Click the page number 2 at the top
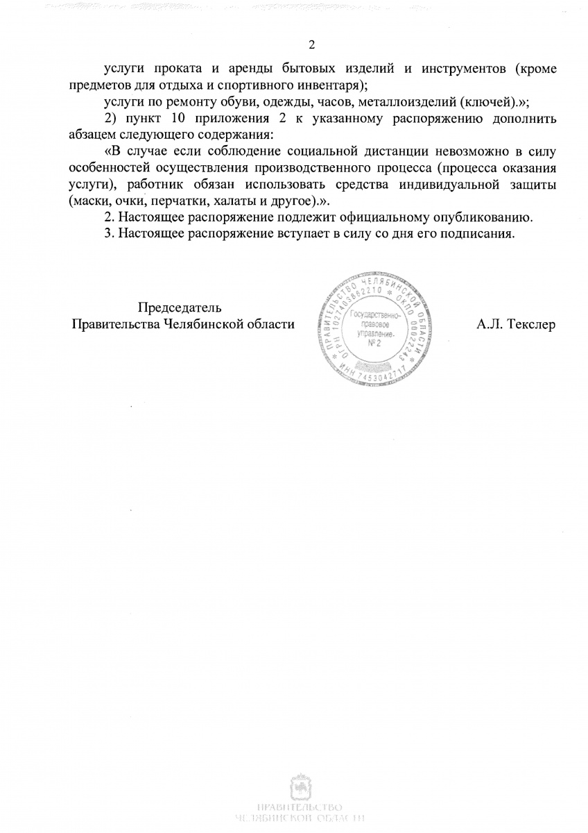point(311,46)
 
